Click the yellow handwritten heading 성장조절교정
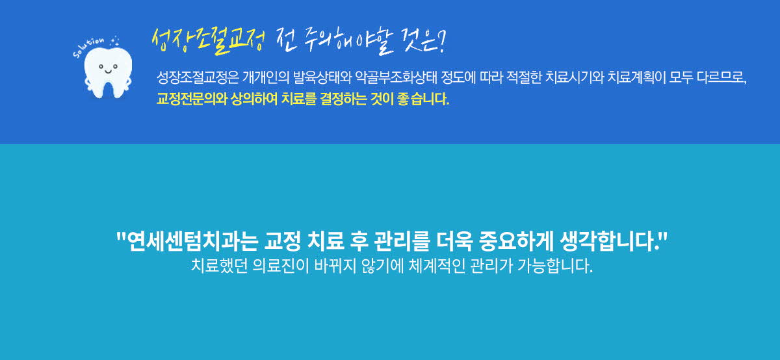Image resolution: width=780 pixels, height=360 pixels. [x=208, y=42]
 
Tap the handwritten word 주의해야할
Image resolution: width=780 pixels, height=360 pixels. [x=348, y=42]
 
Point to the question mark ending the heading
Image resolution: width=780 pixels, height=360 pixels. [x=441, y=41]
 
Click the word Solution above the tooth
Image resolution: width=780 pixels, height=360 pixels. [x=88, y=47]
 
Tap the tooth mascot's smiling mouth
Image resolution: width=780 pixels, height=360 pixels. [x=108, y=71]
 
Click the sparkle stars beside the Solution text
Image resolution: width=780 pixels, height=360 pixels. [x=114, y=42]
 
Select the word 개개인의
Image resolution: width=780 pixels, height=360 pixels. [x=266, y=77]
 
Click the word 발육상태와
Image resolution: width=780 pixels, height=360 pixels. [x=322, y=77]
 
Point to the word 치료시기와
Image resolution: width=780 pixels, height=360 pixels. [x=575, y=77]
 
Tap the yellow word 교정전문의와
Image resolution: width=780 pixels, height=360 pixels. [x=192, y=99]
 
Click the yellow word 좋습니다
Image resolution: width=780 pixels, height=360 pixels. [x=423, y=99]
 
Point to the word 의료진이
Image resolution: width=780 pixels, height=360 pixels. [x=281, y=266]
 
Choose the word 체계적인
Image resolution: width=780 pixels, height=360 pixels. [x=437, y=266]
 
